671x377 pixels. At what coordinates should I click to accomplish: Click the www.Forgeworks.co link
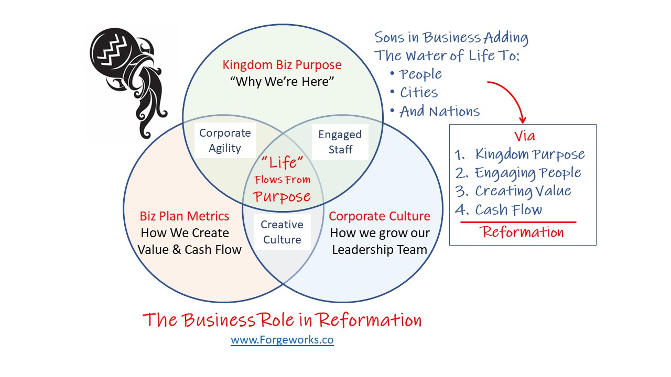tap(282, 340)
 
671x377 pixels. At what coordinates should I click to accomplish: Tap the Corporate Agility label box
tap(225, 140)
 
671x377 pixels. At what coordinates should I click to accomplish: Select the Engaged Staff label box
tap(340, 142)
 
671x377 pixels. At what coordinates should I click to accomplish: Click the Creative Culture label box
tap(282, 232)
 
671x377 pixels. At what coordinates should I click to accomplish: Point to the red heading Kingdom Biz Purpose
tap(282, 64)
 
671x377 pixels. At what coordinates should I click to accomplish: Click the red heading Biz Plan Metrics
tap(184, 216)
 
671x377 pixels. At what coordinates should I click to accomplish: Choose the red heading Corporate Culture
tap(380, 216)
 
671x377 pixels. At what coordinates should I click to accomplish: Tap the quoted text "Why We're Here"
tap(282, 81)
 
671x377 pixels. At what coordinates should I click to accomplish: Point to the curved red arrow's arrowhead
tap(523, 120)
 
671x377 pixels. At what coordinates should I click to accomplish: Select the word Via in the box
tap(525, 136)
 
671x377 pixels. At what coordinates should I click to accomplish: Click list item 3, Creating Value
tap(513, 191)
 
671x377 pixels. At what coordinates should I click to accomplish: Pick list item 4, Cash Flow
tap(499, 209)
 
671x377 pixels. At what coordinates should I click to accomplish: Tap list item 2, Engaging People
tap(518, 173)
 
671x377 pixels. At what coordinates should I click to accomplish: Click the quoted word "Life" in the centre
tap(282, 162)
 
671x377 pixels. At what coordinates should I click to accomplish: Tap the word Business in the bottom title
tap(219, 319)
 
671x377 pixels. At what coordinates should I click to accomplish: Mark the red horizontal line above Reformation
tap(518, 223)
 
